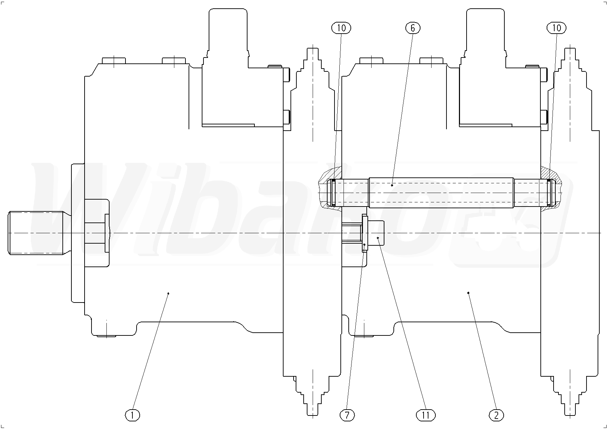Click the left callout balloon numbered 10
[341, 28]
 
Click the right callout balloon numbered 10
[556, 28]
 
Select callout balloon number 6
[412, 28]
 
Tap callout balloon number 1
[133, 414]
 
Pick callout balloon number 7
[347, 414]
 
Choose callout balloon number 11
[426, 414]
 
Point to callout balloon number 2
[496, 414]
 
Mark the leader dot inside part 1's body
[168, 294]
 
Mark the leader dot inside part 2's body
[468, 292]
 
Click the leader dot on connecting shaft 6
[392, 185]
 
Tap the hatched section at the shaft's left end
[329, 173]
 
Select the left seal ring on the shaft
[333, 193]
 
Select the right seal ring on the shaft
[549, 193]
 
